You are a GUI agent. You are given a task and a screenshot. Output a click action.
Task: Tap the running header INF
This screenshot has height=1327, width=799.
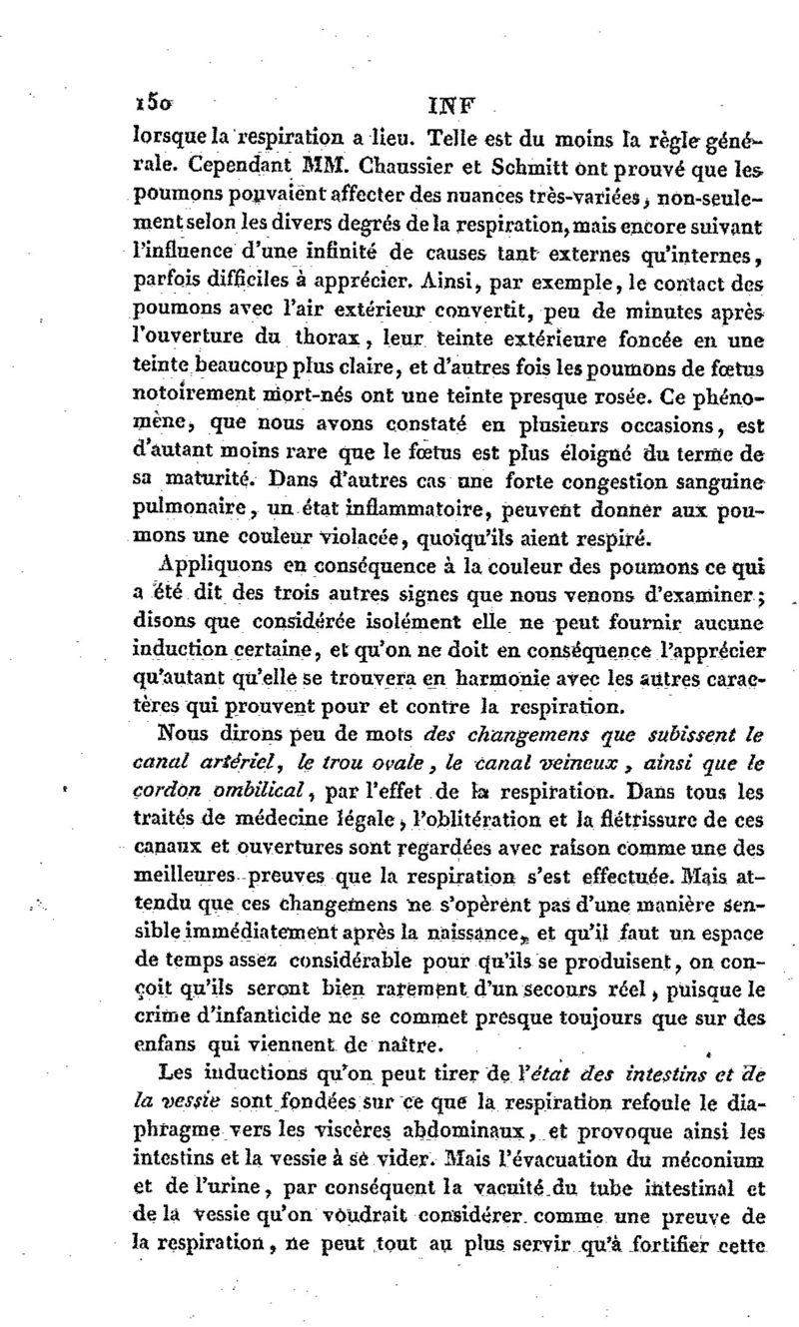click(447, 102)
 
